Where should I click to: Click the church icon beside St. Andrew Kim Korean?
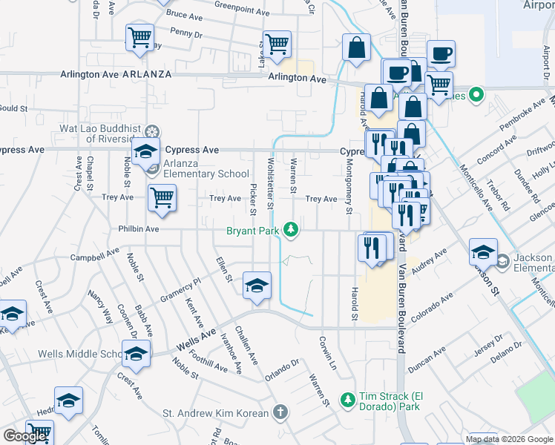[x=280, y=412]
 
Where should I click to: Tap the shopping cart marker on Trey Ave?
[x=162, y=197]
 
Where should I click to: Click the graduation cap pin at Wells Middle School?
[x=136, y=355]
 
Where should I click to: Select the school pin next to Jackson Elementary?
[x=483, y=252]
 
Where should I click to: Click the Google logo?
[x=24, y=436]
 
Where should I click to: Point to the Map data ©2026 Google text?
[x=509, y=438]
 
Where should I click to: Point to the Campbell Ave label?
[x=94, y=255]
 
